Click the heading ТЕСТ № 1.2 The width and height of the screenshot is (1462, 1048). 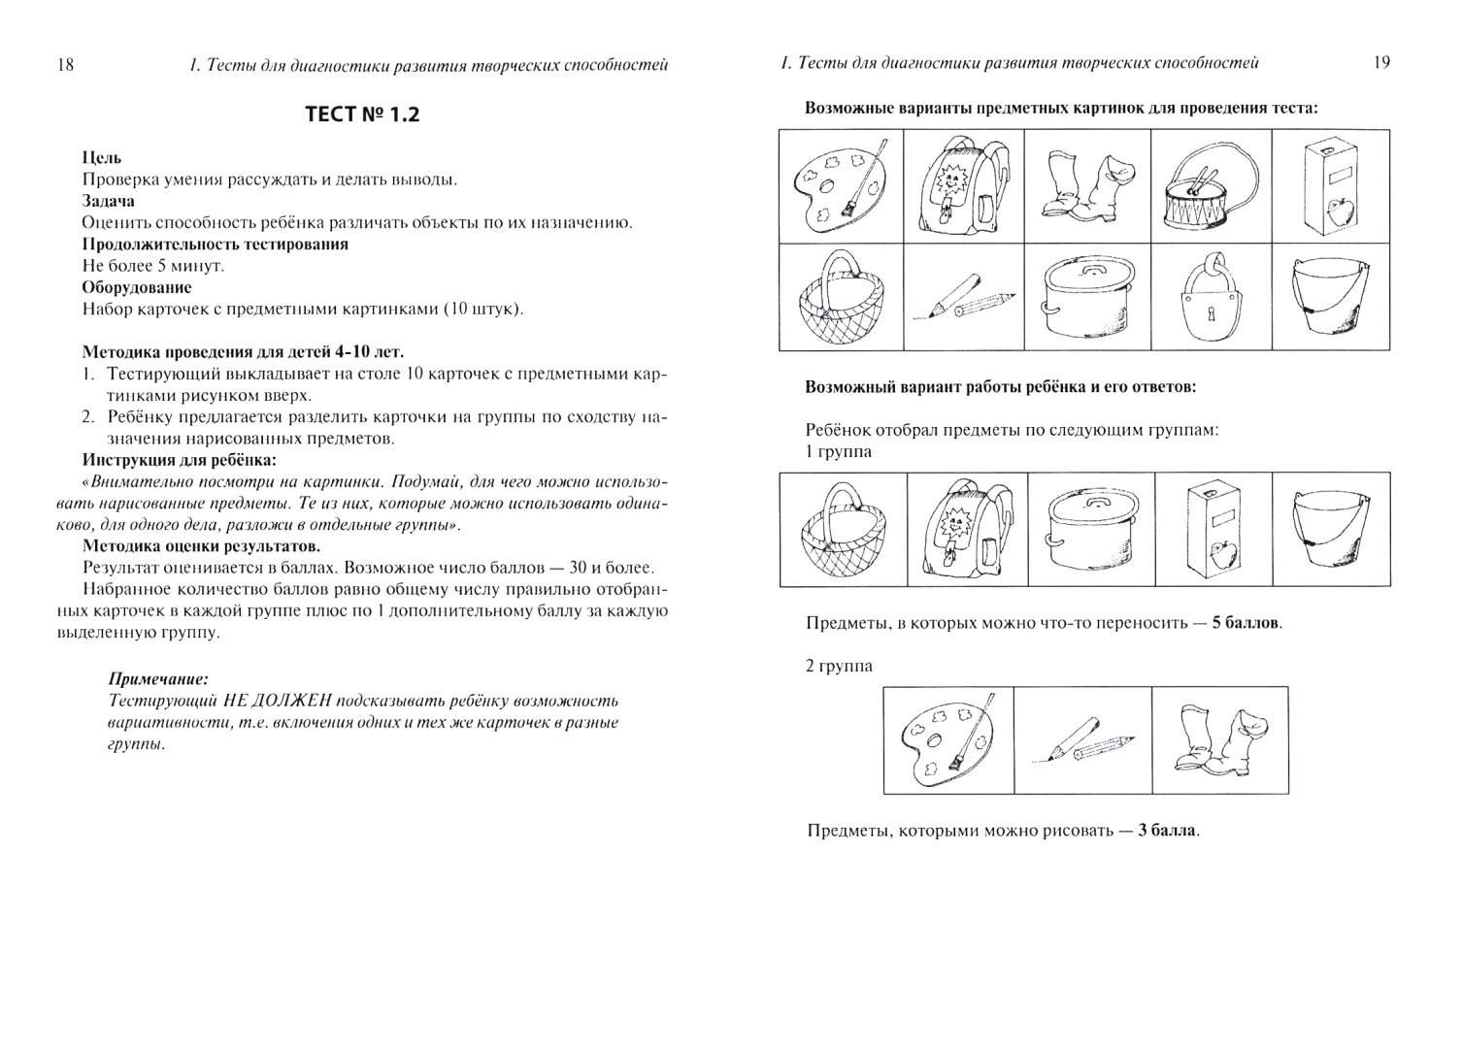362,115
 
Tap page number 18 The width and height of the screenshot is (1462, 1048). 65,64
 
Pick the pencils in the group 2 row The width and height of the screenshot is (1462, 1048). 1081,740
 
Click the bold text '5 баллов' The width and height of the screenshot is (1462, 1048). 1246,623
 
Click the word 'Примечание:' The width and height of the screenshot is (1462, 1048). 157,679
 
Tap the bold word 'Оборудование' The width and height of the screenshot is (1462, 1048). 137,287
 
